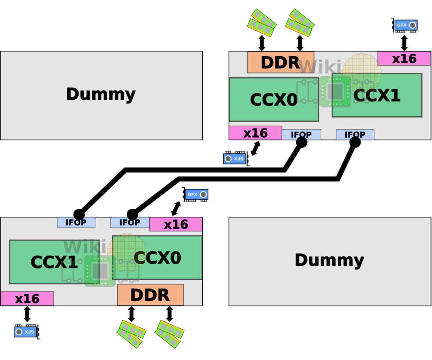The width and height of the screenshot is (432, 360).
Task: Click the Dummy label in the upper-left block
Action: point(101,94)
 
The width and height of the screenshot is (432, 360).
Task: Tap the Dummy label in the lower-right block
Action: point(329,260)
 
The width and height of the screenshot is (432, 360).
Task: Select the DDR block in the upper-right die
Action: point(280,62)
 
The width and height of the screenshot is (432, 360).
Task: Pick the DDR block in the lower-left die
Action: point(150,295)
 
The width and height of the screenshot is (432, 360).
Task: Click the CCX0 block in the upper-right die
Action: point(274,99)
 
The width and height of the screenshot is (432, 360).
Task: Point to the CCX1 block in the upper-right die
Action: point(377,95)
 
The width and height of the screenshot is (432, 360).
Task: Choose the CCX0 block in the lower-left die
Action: point(157,258)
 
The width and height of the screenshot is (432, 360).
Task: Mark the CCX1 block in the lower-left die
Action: point(54,262)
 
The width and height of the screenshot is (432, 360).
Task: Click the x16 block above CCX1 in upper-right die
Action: point(404,59)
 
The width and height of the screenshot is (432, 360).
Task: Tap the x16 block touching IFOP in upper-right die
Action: point(255,133)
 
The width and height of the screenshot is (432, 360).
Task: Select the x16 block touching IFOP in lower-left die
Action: point(176,224)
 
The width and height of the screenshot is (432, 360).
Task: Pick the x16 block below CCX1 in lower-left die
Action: point(27,298)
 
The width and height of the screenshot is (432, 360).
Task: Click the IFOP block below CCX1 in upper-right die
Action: point(355,134)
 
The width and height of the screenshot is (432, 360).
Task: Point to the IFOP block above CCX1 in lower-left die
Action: point(76,222)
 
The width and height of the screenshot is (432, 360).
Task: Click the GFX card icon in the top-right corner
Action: point(406,25)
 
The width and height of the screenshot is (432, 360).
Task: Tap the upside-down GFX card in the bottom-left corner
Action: point(25,332)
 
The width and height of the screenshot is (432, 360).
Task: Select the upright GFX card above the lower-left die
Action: point(197,195)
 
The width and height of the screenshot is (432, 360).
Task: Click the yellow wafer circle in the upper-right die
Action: point(362,72)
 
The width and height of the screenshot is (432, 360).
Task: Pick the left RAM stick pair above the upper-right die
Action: point(262,23)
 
